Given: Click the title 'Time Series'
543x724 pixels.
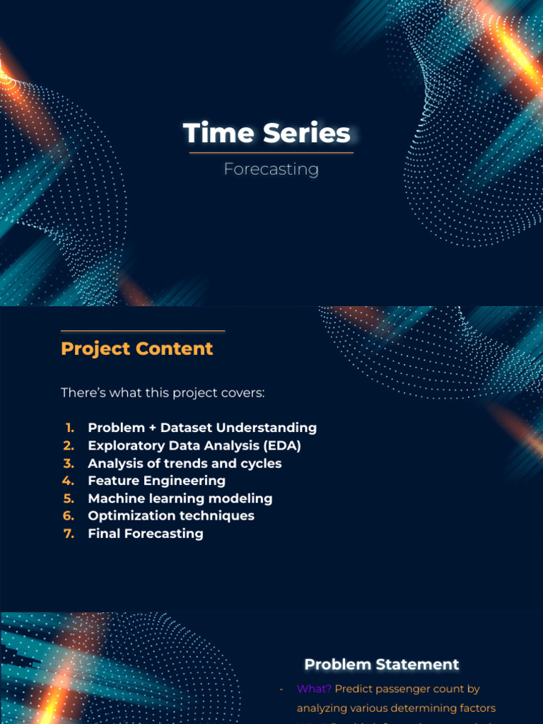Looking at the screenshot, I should click(267, 134).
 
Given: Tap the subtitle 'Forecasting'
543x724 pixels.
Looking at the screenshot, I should click(271, 170).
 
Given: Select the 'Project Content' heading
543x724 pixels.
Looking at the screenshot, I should click(136, 349).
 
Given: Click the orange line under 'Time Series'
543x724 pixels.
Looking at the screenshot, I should click(271, 153).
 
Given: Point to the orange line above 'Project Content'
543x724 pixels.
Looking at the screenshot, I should click(143, 331).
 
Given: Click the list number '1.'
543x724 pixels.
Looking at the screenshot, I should click(69, 428).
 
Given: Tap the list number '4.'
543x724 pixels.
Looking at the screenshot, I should click(69, 481).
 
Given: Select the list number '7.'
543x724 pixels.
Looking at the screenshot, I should click(69, 534).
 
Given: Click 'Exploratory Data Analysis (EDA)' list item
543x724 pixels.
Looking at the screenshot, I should click(194, 445).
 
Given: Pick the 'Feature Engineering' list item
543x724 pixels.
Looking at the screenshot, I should click(156, 481).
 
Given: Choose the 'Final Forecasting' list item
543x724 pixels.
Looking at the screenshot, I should click(146, 534).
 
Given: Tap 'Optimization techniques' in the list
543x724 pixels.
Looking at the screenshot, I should click(171, 516).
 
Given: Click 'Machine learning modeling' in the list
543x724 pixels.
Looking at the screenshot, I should click(180, 498).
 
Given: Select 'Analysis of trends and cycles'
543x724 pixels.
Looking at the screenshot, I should click(185, 463).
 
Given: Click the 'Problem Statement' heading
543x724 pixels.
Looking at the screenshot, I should click(382, 665).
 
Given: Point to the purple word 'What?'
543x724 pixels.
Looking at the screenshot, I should click(314, 689).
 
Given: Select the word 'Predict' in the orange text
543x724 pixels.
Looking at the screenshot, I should click(353, 689).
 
